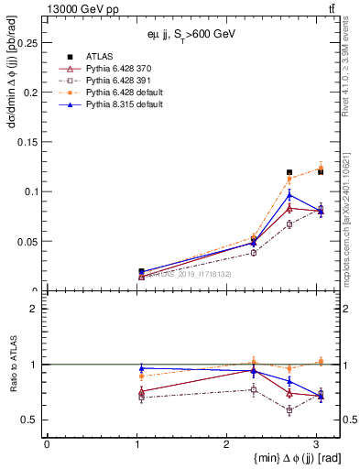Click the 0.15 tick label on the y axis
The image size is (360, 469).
pyautogui.click(x=27, y=142)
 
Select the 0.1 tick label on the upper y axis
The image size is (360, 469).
pyautogui.click(x=31, y=191)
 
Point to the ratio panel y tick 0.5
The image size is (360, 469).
pyautogui.click(x=31, y=420)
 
